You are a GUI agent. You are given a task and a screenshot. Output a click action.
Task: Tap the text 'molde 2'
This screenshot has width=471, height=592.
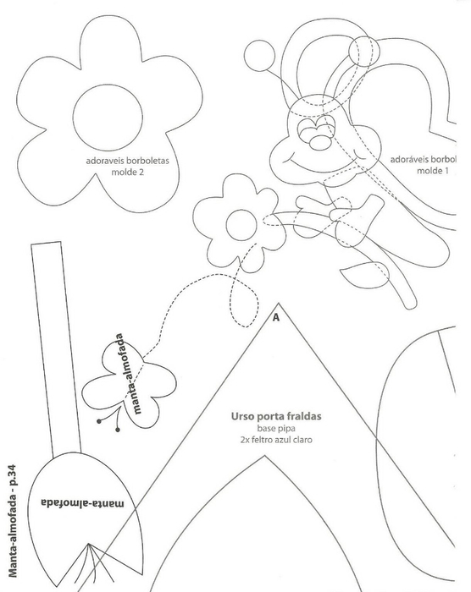click(x=127, y=173)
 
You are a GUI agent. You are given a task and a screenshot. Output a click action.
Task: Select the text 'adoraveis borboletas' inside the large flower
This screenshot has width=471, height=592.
click(x=127, y=161)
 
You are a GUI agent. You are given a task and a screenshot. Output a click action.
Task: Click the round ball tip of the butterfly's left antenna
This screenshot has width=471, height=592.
click(x=259, y=56)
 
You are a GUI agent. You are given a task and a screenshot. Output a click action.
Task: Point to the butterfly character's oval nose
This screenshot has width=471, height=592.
click(x=321, y=141)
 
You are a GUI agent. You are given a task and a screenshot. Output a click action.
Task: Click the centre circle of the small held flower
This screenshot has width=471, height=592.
click(x=241, y=226)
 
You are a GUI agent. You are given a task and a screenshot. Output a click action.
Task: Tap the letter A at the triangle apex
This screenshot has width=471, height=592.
click(x=276, y=317)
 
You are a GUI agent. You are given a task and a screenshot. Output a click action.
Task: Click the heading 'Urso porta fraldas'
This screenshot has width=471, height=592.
click(x=276, y=416)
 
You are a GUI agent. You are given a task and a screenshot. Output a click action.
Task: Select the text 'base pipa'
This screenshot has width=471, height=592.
click(x=276, y=429)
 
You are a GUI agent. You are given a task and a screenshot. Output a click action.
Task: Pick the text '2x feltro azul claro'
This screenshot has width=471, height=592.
click(x=276, y=440)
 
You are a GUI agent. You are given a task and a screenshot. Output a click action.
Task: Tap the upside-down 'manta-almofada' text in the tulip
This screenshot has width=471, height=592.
click(x=82, y=503)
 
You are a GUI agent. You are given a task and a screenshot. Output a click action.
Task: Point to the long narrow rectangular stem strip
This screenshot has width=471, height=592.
click(x=56, y=349)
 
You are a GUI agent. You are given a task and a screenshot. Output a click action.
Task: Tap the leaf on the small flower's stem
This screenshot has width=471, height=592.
click(x=365, y=275)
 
